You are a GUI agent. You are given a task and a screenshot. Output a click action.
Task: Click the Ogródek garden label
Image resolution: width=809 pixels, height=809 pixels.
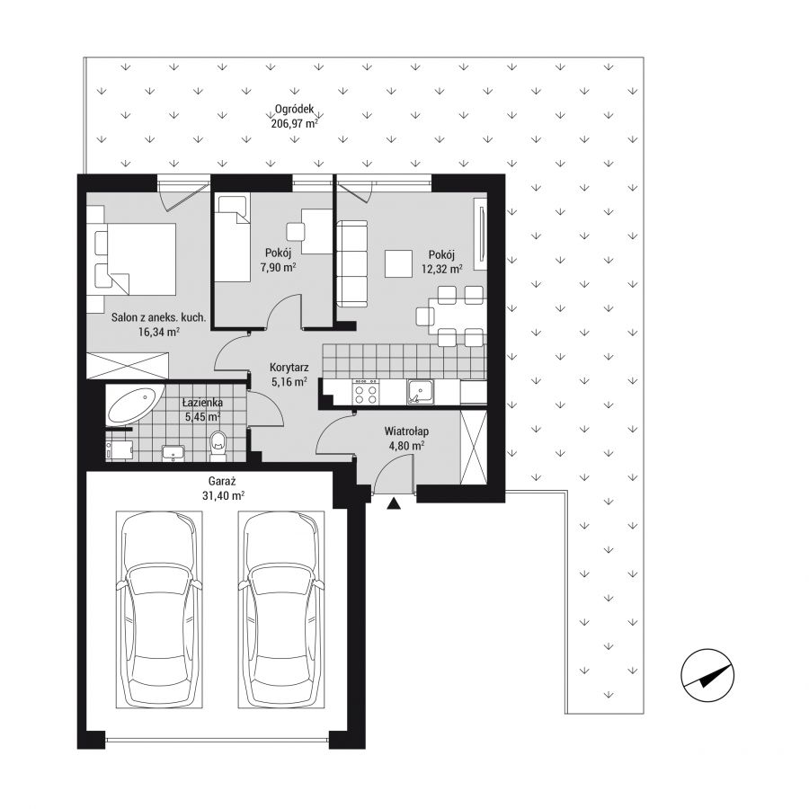coord(294,110)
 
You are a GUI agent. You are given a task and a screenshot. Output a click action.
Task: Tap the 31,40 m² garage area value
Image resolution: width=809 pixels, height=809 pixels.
coord(223,496)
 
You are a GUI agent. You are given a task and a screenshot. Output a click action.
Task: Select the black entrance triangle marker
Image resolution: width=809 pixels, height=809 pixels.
coord(395,503)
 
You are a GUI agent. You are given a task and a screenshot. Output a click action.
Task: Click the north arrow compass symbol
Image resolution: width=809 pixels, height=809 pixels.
coord(707,675)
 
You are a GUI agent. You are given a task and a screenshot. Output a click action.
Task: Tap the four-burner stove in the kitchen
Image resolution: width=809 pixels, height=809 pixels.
coord(366,393)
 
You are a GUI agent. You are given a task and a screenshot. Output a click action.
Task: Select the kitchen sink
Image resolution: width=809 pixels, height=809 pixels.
coord(421,392)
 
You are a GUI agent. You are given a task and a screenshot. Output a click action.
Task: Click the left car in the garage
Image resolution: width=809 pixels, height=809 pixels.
coord(159,609)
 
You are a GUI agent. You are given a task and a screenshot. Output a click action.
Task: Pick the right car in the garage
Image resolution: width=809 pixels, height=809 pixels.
coord(281,609)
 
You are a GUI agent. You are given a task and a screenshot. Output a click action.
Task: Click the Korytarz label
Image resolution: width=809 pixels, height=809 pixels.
coord(289,368)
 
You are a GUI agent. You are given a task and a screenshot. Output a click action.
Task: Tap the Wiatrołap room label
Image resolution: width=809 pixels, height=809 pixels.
coord(406,431)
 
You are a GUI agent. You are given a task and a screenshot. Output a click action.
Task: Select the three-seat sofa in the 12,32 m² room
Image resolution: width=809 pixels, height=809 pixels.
coord(351,263)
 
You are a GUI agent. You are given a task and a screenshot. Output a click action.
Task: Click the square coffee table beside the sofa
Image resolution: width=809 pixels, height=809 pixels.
coord(398,263)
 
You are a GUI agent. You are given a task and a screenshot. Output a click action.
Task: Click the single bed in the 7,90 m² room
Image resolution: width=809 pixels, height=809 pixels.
coord(232,237)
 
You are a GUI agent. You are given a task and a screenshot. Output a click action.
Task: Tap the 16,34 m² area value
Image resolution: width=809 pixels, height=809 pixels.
coord(159,332)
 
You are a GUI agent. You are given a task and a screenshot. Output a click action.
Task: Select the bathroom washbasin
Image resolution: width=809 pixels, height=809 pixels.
coord(173,452)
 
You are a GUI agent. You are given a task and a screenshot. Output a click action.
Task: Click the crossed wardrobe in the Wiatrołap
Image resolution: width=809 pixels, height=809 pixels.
coord(473,448)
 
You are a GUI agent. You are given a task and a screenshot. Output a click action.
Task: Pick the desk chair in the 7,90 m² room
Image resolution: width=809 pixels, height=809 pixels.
coord(296,231)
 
